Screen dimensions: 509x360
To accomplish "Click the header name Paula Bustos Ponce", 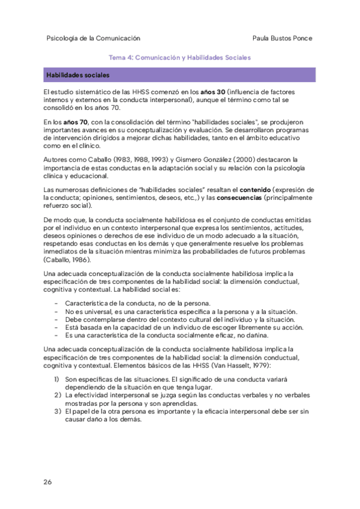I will [283, 38].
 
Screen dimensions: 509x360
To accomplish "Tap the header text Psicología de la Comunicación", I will [93, 38].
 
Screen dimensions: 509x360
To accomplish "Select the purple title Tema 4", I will [179, 58].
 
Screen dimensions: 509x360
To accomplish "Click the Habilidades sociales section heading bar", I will [180, 75].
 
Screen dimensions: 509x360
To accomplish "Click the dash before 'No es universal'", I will [56, 311].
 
